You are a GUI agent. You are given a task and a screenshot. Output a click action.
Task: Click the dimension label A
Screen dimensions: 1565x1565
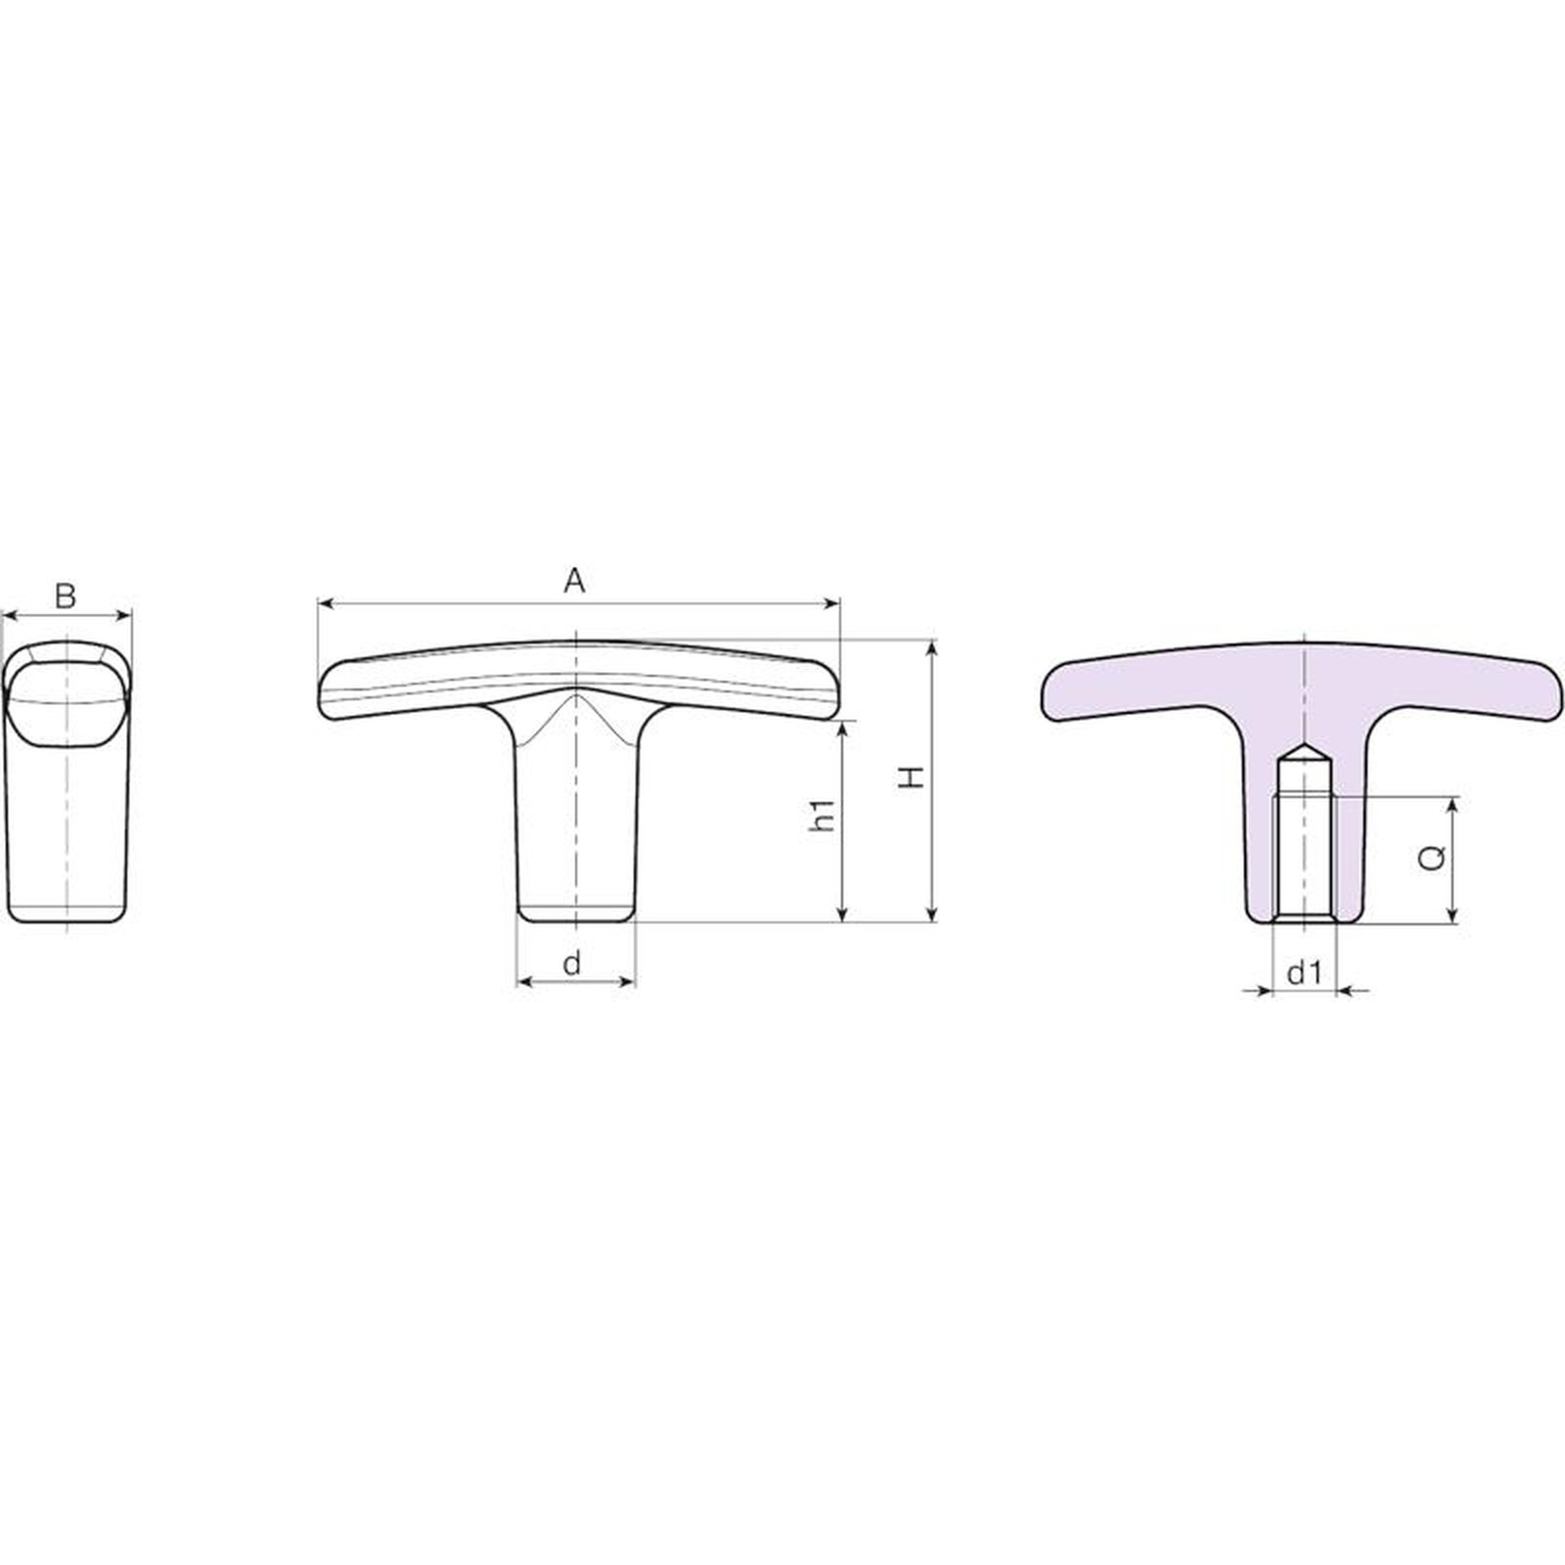pyautogui.click(x=574, y=581)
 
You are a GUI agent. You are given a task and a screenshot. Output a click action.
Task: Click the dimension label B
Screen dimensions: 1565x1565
pyautogui.click(x=65, y=595)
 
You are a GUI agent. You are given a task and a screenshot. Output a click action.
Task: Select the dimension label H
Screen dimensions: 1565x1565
pyautogui.click(x=913, y=778)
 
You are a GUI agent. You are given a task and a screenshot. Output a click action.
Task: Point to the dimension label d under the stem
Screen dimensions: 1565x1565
pyautogui.click(x=572, y=962)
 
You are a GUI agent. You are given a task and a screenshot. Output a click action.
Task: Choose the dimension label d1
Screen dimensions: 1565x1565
pyautogui.click(x=1305, y=972)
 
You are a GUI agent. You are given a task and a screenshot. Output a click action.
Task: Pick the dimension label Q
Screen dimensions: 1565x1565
pyautogui.click(x=1431, y=858)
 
